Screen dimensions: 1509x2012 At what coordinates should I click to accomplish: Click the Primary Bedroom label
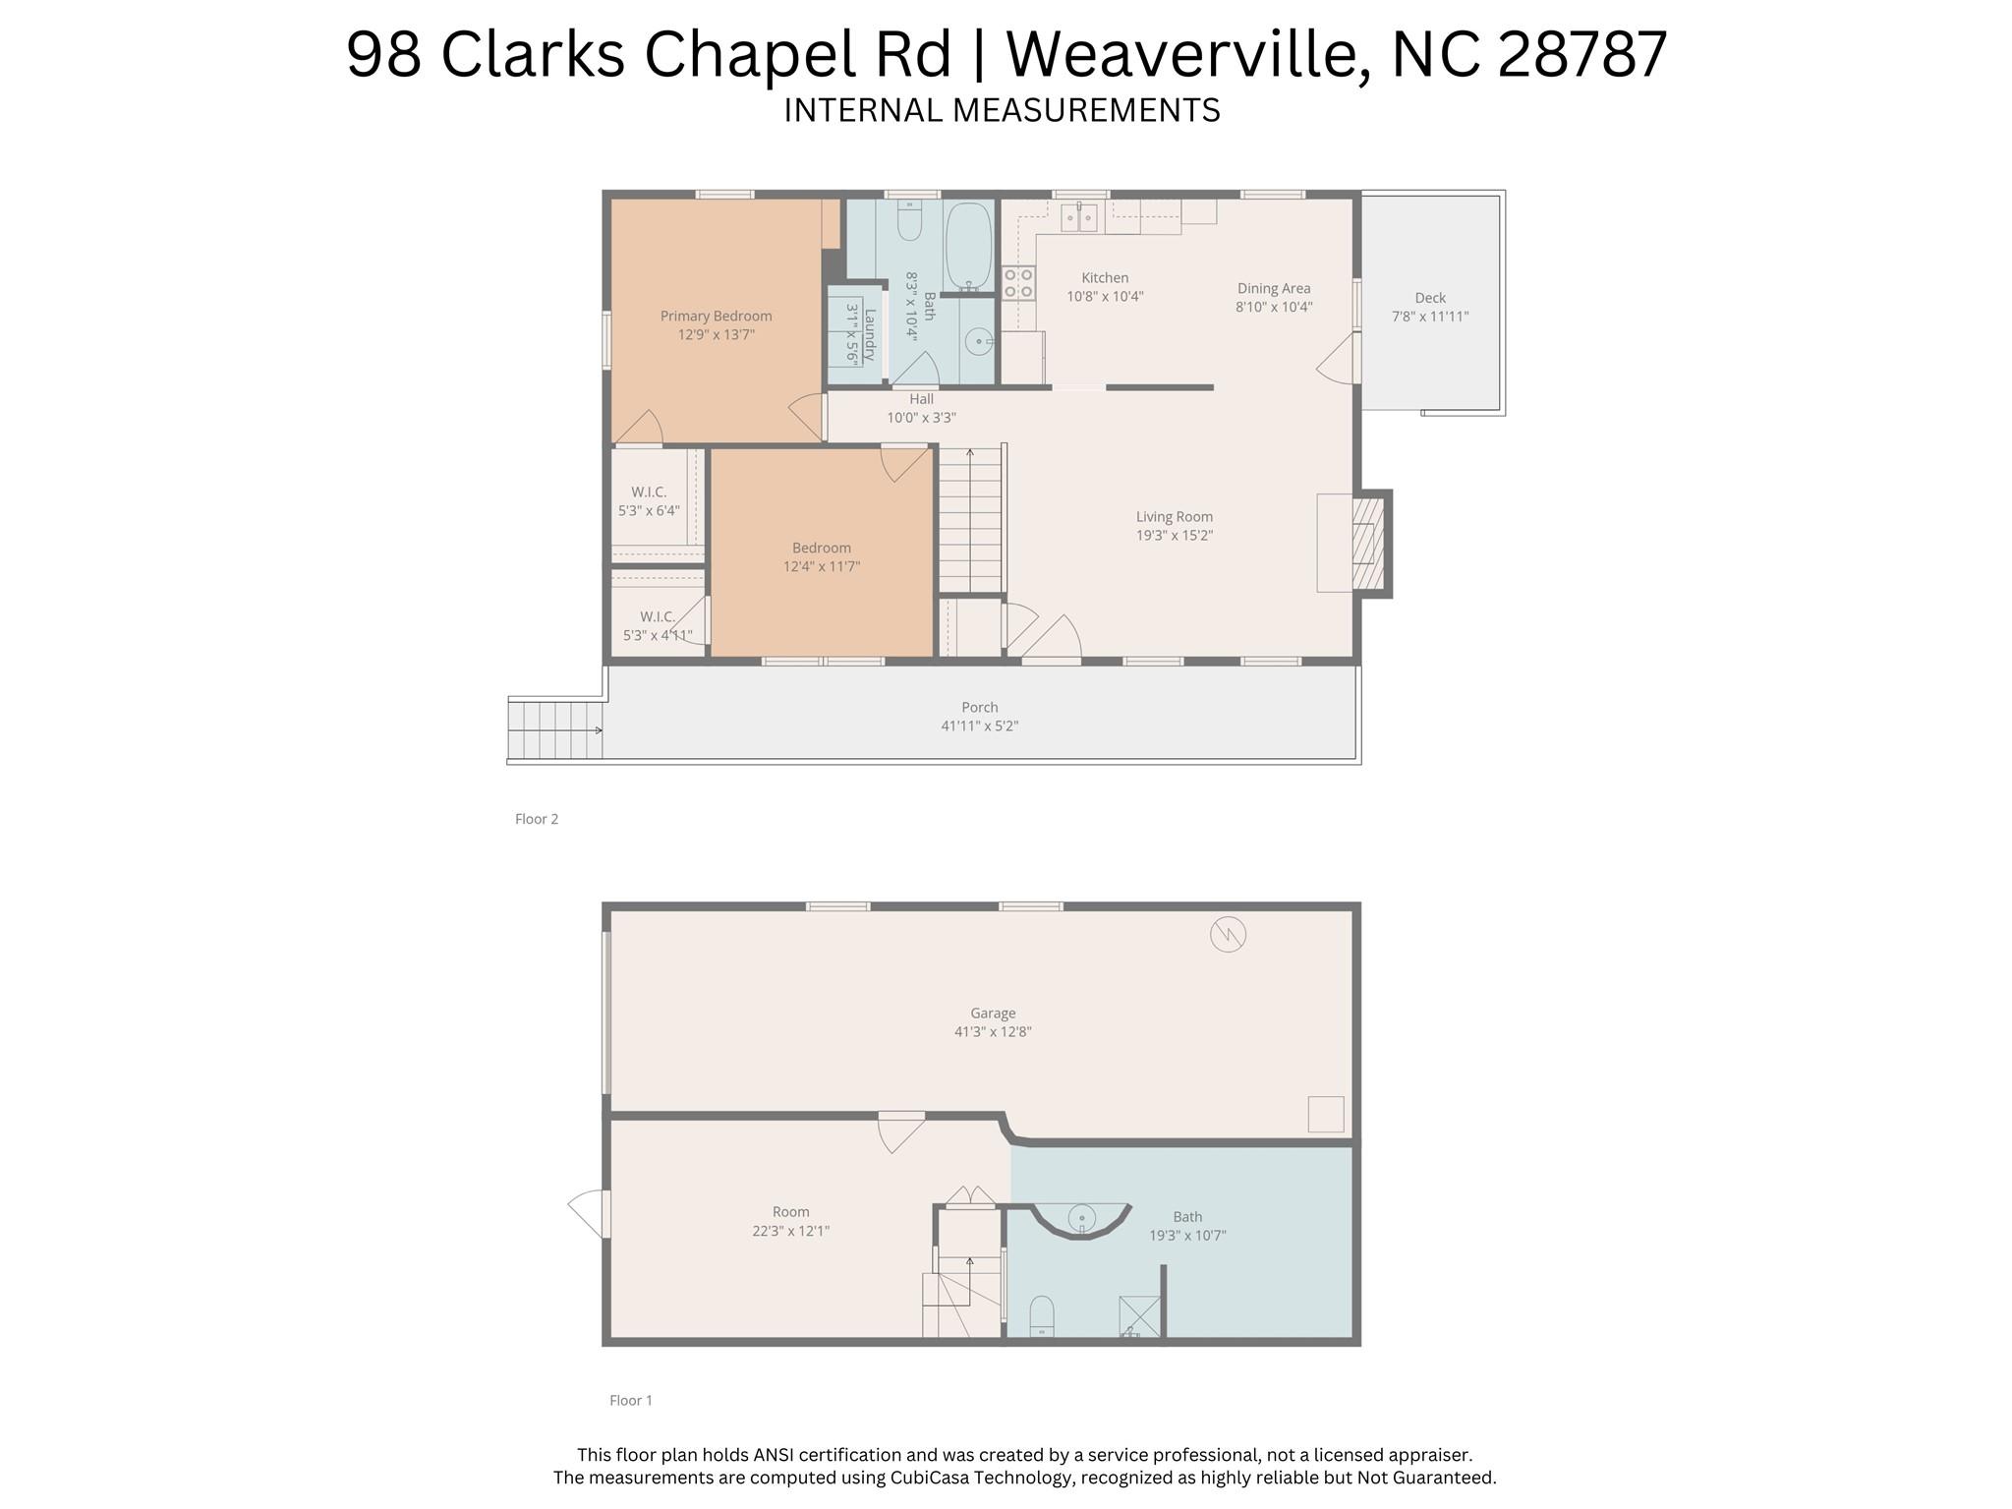[716, 316]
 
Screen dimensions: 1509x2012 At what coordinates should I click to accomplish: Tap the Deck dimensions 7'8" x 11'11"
[1429, 317]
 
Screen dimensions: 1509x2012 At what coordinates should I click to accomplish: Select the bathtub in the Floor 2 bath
[968, 246]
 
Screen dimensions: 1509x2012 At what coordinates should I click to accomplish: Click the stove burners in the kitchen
[1017, 283]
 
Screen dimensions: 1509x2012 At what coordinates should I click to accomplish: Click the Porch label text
[979, 707]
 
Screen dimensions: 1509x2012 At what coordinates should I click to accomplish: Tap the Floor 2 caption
[537, 819]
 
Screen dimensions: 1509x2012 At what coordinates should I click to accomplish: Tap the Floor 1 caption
[630, 1400]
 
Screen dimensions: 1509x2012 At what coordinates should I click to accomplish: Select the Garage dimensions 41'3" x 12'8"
[992, 1032]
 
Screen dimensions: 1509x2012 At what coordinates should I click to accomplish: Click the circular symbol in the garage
[1228, 934]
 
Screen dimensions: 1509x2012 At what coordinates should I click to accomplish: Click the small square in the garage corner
[1325, 1114]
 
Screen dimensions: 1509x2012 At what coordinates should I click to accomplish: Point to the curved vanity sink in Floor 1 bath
[1081, 1220]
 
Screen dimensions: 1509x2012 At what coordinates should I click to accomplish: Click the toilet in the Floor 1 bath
[1041, 1315]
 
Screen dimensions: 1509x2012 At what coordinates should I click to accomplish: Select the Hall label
[921, 399]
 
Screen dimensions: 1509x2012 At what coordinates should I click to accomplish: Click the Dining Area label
[1273, 288]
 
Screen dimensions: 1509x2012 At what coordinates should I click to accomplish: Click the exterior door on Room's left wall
[591, 1214]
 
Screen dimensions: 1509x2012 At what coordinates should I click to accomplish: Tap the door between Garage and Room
[900, 1131]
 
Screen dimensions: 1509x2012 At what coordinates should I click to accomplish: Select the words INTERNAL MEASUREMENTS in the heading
[1002, 110]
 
